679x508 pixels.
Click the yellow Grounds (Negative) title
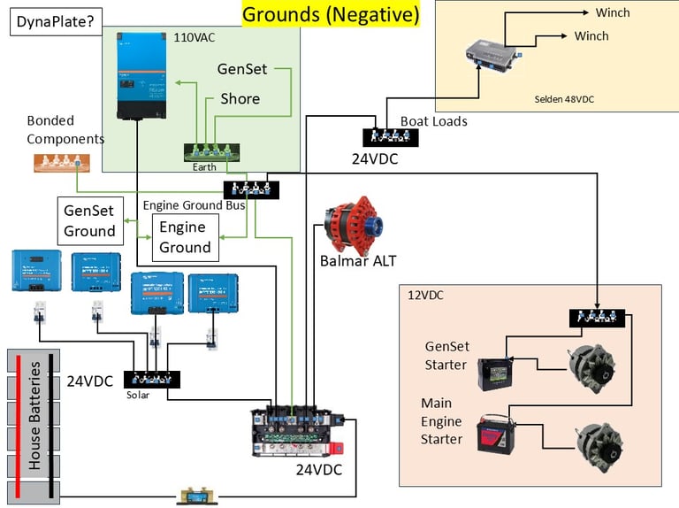click(331, 14)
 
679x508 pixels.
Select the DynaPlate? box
click(53, 21)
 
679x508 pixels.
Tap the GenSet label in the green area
click(241, 69)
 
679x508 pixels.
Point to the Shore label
click(240, 98)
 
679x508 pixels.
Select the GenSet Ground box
click(89, 220)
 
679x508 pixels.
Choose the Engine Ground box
click(185, 237)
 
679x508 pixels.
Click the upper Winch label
click(613, 12)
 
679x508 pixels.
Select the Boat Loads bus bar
click(390, 137)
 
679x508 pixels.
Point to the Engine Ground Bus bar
click(251, 189)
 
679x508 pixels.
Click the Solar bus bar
click(152, 380)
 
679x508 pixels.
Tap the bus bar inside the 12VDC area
click(597, 318)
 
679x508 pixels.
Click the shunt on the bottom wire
click(191, 496)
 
